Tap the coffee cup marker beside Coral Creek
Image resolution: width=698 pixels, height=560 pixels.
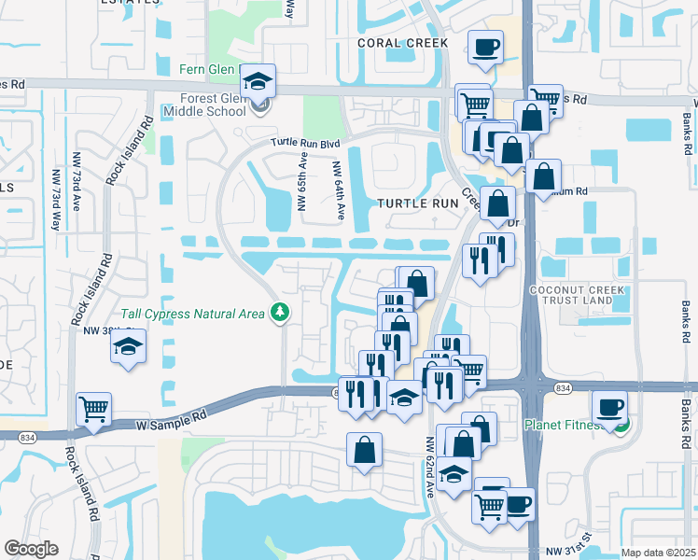484,47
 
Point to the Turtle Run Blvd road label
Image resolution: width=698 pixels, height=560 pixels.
305,143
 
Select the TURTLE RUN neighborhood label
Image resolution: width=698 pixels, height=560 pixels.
417,203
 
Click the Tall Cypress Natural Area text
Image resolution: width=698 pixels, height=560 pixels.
192,314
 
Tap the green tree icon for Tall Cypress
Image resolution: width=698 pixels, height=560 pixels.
278,312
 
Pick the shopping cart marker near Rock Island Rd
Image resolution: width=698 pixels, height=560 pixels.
94,409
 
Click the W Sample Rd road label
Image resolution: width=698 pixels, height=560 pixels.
174,415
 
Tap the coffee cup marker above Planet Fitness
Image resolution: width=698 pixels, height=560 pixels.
609,407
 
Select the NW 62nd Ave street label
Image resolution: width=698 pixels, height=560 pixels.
432,467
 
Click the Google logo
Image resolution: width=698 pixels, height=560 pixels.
32,549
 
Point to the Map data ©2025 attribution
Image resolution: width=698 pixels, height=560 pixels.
659,553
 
